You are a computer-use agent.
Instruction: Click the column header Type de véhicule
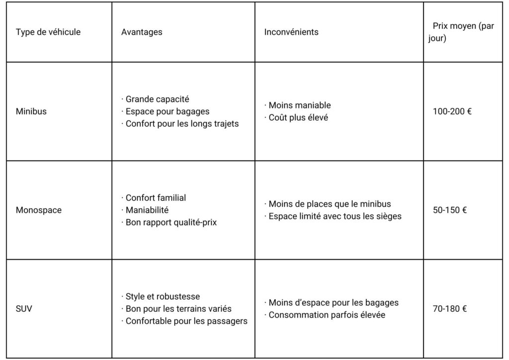(48, 32)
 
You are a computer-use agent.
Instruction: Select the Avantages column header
(142, 32)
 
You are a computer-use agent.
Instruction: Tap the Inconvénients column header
(291, 32)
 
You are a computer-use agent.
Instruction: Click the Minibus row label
(31, 111)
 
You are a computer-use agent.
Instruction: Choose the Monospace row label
(39, 210)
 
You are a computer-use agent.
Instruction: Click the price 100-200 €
(452, 111)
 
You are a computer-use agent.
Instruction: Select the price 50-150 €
(450, 210)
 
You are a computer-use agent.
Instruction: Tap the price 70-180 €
(450, 309)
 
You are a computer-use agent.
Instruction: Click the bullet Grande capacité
(157, 99)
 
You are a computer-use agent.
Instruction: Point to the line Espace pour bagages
(167, 111)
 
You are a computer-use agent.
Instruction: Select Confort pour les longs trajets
(181, 123)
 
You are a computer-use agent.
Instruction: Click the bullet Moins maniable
(299, 105)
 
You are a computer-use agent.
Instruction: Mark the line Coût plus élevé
(298, 118)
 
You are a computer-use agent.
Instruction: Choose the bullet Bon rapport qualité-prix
(171, 222)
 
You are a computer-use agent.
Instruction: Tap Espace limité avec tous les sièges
(335, 216)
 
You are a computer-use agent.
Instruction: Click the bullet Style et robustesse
(163, 297)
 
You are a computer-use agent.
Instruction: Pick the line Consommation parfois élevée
(327, 315)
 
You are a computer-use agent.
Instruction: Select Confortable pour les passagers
(186, 321)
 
